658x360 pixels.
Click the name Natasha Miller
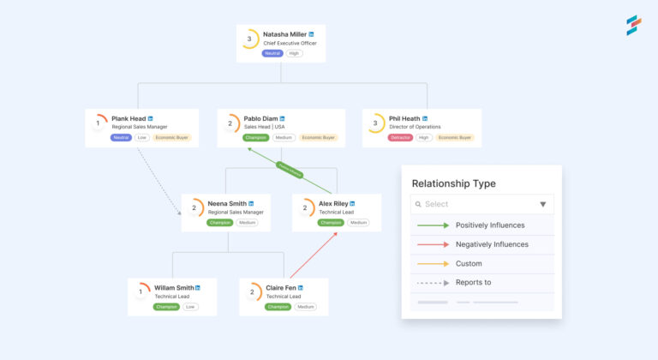pos(284,34)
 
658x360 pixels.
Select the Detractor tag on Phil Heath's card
pos(400,137)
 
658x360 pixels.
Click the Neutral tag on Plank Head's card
pos(121,137)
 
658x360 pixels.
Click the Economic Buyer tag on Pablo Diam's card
pos(318,137)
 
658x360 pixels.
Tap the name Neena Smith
pos(228,204)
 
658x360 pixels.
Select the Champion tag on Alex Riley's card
pos(330,222)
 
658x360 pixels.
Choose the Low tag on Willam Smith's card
pos(190,306)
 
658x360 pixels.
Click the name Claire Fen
pos(280,287)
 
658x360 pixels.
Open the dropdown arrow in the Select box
pos(542,204)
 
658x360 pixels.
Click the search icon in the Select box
pos(417,204)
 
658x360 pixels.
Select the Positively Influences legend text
pos(490,225)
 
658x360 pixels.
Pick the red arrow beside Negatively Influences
pos(433,244)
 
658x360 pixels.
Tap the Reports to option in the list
pos(474,282)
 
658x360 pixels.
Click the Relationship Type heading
pos(453,183)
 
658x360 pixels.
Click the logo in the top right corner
pos(632,24)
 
